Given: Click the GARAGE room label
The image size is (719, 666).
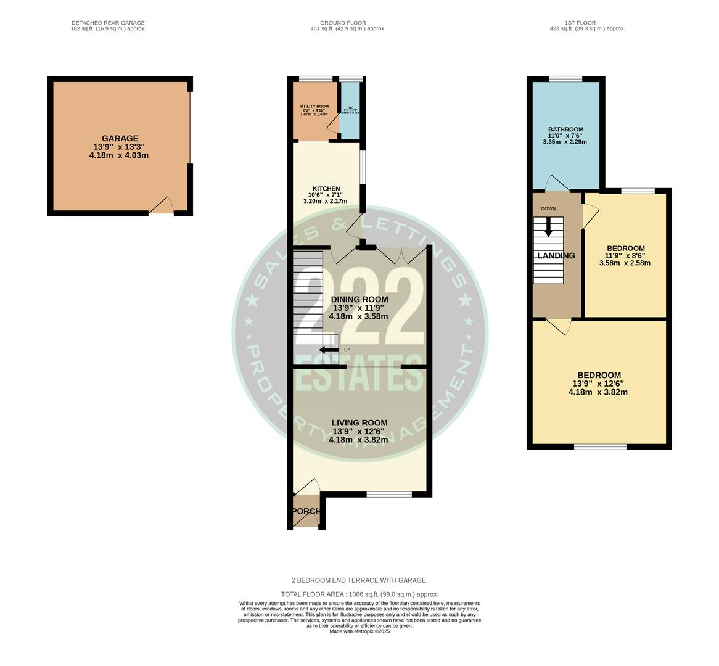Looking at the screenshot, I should point(120,139).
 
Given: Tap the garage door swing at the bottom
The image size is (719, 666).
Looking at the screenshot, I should point(162,205).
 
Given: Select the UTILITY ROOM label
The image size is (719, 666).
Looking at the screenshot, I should point(314,107).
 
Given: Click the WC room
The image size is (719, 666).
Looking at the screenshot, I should point(350,111).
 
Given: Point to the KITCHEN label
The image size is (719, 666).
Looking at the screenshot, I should point(326,189).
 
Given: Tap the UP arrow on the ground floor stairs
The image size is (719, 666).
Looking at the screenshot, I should point(329,350).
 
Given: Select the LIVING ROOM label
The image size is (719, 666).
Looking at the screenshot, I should point(359,422).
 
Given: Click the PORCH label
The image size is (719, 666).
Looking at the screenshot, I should point(306,511).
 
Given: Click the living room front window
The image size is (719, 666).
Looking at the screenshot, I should point(388,494).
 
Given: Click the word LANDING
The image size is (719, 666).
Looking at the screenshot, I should point(556,256).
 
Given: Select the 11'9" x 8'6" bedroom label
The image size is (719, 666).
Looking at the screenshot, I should point(625,249).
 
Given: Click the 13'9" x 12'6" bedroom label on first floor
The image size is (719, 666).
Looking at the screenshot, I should point(598,376).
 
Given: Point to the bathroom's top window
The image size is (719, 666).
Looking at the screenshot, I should point(565,79).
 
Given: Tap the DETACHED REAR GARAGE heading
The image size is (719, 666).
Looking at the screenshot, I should point(109,23).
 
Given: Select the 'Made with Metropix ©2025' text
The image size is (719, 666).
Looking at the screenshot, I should point(359,631).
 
